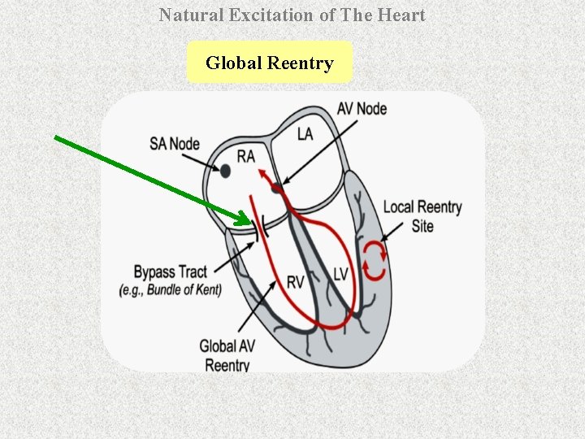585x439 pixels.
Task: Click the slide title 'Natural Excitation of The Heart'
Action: point(292,15)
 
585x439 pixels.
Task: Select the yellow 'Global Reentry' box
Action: point(269,63)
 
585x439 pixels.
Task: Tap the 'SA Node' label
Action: point(174,144)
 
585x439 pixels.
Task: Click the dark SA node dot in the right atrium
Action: point(225,171)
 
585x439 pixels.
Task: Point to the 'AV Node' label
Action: point(362,108)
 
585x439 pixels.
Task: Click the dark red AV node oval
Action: point(279,189)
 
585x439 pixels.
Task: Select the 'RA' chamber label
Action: point(246,156)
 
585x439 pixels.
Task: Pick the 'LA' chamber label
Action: point(305,134)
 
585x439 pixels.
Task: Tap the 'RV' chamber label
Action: point(296,282)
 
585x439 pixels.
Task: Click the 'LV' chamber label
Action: point(340,274)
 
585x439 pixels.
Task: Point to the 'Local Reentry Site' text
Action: point(422,216)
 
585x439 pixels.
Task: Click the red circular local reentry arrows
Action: point(375,260)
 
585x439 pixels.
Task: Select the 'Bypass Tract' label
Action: point(170,272)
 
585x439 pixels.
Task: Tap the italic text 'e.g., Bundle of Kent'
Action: point(170,289)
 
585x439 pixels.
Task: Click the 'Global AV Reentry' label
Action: point(227,356)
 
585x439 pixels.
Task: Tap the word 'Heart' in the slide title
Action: point(403,15)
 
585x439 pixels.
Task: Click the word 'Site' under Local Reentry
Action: point(422,226)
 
